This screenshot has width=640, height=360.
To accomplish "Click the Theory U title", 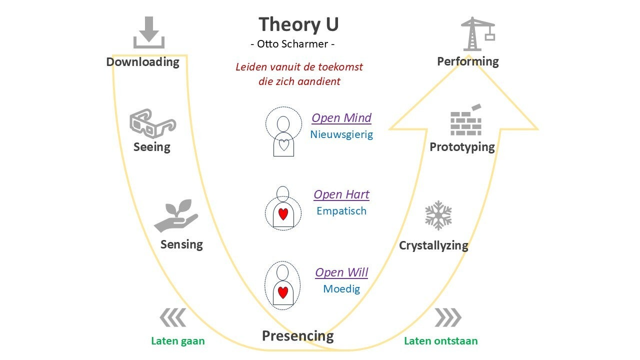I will pyautogui.click(x=298, y=24).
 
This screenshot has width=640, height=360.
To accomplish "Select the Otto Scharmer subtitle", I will pyautogui.click(x=292, y=44).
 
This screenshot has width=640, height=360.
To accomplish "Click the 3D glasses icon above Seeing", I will pyautogui.click(x=152, y=123).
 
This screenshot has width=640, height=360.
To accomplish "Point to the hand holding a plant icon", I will pyautogui.click(x=175, y=216).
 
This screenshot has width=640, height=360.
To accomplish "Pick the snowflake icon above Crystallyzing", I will pyautogui.click(x=438, y=215).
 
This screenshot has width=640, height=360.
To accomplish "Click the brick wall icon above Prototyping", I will pyautogui.click(x=466, y=121).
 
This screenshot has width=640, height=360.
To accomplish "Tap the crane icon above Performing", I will pyautogui.click(x=477, y=34).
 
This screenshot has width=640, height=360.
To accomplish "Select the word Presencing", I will pyautogui.click(x=297, y=335).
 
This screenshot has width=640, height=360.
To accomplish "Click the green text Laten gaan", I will pyautogui.click(x=178, y=341).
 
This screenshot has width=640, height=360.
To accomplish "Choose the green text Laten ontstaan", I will pyautogui.click(x=440, y=341).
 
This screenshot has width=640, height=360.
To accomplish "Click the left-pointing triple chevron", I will pyautogui.click(x=173, y=317).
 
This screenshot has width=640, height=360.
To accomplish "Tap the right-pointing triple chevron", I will pyautogui.click(x=447, y=317).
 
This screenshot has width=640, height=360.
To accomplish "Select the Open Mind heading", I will pyautogui.click(x=341, y=118).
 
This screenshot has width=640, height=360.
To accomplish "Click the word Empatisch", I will pyautogui.click(x=341, y=211).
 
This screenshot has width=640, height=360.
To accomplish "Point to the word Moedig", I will pyautogui.click(x=341, y=289).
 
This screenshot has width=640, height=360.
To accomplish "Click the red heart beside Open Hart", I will pyautogui.click(x=283, y=214).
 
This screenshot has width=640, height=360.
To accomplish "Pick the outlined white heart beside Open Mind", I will pyautogui.click(x=283, y=145).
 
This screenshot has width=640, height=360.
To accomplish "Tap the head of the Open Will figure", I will pyautogui.click(x=283, y=272).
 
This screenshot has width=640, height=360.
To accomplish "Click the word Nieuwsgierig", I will pyautogui.click(x=341, y=134).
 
